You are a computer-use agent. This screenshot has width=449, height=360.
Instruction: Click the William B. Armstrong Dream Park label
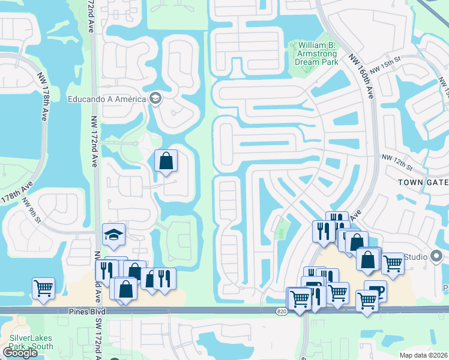[x=313, y=53]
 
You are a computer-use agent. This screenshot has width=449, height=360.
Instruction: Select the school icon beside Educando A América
[x=156, y=98]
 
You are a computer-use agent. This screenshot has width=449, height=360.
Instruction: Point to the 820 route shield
[x=282, y=311]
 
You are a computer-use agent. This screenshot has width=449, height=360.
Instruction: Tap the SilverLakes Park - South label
[x=31, y=342]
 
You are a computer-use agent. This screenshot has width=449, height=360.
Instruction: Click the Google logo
[x=20, y=353]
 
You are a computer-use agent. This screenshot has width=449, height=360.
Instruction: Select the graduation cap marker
[x=113, y=235]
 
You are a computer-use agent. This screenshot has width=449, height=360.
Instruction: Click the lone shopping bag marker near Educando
[x=166, y=161]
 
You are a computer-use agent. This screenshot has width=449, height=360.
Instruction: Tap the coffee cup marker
[x=375, y=291]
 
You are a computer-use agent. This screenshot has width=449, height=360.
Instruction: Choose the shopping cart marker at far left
[x=43, y=288]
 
